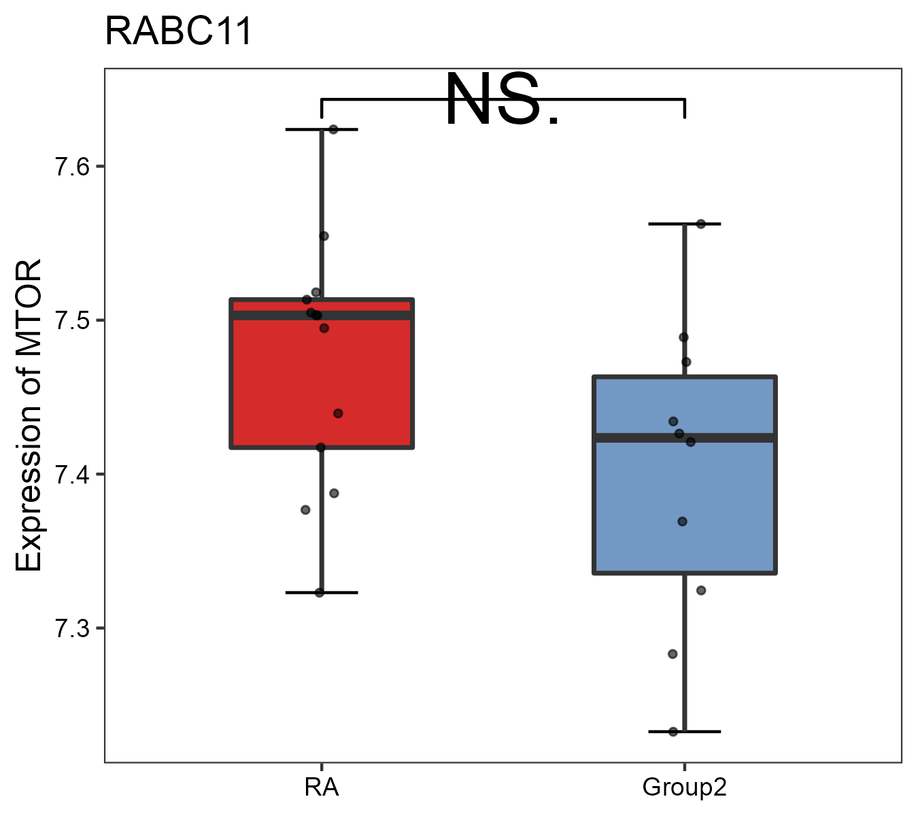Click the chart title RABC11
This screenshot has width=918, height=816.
[x=178, y=32]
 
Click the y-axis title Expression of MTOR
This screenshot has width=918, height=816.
[x=29, y=415]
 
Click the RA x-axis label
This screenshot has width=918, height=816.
[x=322, y=787]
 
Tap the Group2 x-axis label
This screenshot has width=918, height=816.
[x=684, y=787]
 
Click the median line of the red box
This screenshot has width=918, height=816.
[x=367, y=316]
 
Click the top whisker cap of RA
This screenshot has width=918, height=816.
[x=322, y=129]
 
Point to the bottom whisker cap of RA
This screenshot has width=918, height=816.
[x=322, y=593]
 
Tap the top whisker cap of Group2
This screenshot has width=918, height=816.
[x=684, y=224]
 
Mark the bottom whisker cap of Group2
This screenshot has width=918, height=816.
[x=684, y=732]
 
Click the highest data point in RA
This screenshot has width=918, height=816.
[x=333, y=129]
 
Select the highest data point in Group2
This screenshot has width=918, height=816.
[x=700, y=224]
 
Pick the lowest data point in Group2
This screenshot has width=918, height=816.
[x=673, y=732]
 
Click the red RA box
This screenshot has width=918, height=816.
[x=272, y=381]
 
